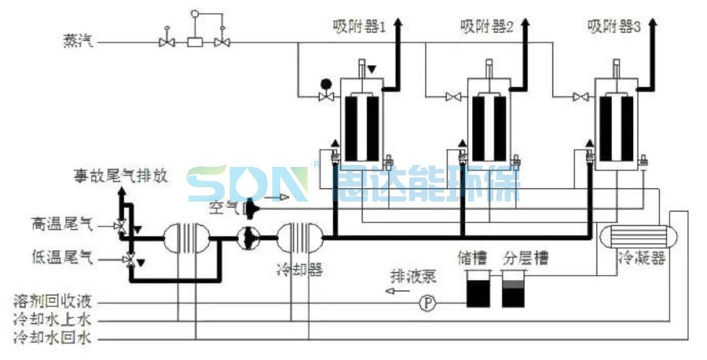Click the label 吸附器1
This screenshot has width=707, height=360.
pos(359,27)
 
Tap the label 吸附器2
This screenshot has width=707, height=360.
pos(486,27)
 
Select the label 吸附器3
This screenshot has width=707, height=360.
pos(613,27)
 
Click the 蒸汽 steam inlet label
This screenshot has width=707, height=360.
pos(78,42)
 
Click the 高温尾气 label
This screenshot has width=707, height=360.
pos(62,225)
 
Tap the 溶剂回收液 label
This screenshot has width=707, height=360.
pos(56,303)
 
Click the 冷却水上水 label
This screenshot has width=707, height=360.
pos(56,321)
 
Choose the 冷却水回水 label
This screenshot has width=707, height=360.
pos(56,338)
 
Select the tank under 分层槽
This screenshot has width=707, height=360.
pos(513,289)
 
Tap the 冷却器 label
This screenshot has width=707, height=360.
pos(299,270)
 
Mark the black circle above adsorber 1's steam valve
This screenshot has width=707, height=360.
pos(325,84)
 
